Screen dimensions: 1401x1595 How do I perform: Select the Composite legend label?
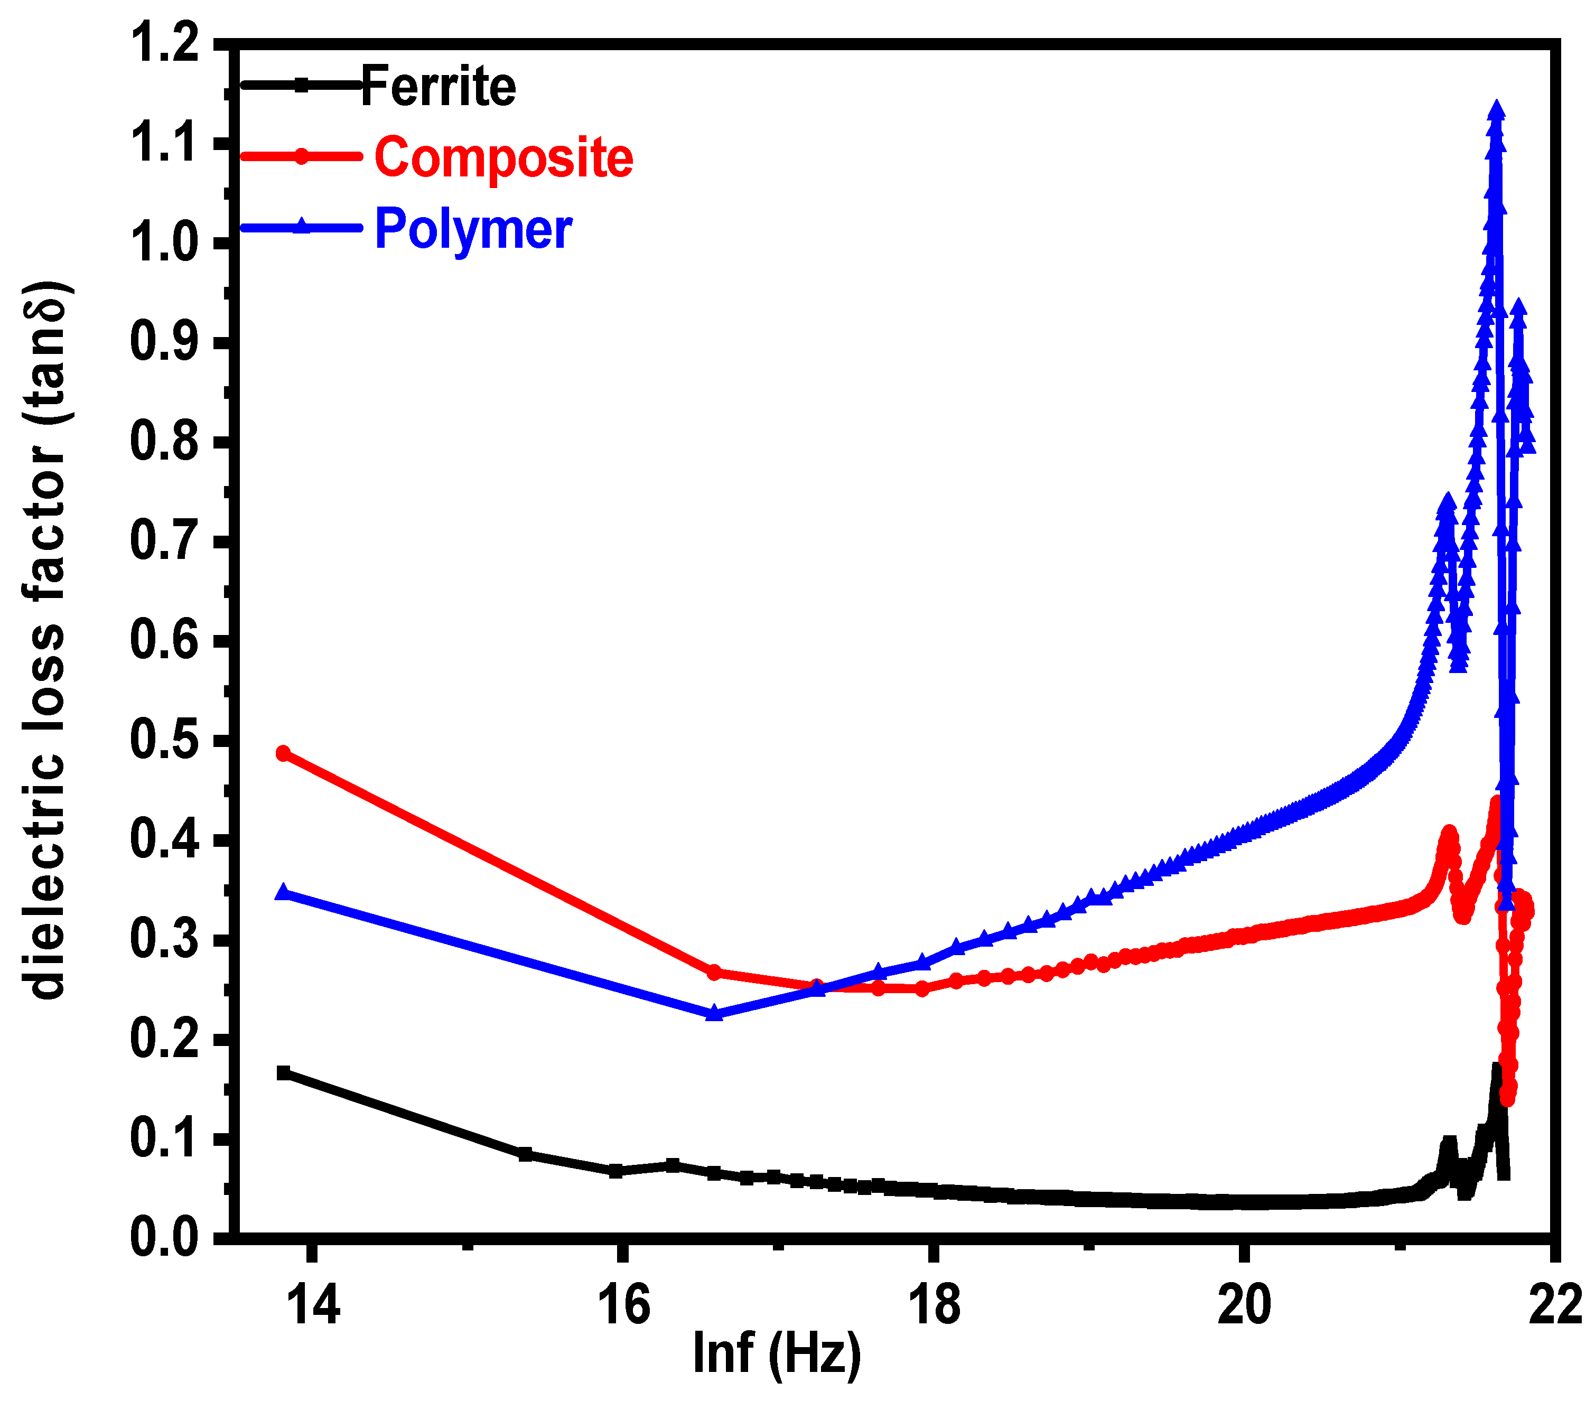503,157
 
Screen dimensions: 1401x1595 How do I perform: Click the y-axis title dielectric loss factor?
47,640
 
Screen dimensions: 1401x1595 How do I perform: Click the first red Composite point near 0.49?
283,753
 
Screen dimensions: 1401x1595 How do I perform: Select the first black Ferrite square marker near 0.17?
283,1072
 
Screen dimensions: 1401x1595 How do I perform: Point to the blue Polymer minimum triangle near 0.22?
714,1013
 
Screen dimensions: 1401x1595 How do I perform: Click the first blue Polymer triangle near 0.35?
283,892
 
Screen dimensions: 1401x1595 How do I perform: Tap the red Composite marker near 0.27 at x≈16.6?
713,973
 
